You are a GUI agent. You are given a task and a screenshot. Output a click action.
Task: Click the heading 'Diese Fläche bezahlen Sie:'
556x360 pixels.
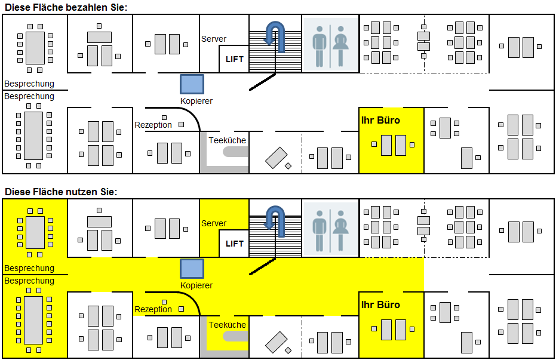(x=66, y=7)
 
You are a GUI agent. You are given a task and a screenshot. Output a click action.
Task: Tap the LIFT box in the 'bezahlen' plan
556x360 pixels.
(x=234, y=59)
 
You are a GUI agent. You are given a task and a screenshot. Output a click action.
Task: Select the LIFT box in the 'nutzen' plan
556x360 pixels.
(x=234, y=244)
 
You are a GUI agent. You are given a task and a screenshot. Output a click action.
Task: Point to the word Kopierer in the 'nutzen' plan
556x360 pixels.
(x=196, y=286)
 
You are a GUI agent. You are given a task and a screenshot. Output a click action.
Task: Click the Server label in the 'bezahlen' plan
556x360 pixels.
(x=214, y=39)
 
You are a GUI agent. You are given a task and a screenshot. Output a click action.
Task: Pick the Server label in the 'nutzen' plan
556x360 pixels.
(x=214, y=223)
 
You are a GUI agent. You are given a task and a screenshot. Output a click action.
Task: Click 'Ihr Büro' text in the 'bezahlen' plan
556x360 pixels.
(x=380, y=121)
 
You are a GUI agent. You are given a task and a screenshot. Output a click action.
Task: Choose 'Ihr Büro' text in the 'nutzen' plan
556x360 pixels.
(x=380, y=305)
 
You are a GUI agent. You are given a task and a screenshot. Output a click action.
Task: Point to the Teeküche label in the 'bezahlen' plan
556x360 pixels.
(x=227, y=140)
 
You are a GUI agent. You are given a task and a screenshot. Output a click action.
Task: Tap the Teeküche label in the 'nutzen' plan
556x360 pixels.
(x=227, y=325)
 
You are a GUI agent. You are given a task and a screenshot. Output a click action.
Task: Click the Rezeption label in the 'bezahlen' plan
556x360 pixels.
(x=153, y=125)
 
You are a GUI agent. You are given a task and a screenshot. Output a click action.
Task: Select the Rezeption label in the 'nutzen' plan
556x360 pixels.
(x=153, y=309)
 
